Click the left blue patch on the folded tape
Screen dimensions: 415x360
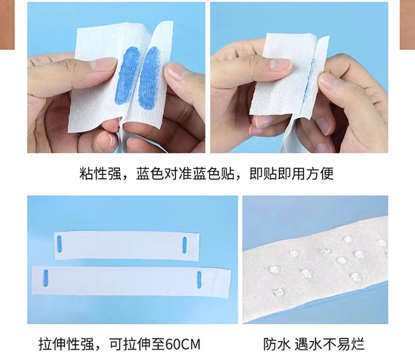(x=128, y=76)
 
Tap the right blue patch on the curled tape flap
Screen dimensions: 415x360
(x=148, y=78)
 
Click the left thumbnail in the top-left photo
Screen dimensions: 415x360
(x=105, y=65)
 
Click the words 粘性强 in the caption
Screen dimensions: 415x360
(x=100, y=174)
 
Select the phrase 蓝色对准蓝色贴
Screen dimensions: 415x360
(x=185, y=174)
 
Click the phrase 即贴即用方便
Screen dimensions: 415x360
(x=292, y=174)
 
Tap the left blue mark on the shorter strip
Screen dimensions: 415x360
(x=59, y=243)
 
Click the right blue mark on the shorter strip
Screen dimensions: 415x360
(x=185, y=245)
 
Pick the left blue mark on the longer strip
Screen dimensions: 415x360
(x=46, y=278)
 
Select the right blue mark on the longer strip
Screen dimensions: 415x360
(x=199, y=280)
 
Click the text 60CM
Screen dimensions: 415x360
(x=183, y=344)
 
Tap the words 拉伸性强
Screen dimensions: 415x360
(x=66, y=344)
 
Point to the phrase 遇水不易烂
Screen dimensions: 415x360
(x=329, y=344)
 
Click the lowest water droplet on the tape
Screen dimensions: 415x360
(x=279, y=293)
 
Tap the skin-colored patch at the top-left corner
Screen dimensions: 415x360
(x=7, y=24)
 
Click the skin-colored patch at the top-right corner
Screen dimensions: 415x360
(x=407, y=24)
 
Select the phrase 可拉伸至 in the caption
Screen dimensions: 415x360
(x=137, y=344)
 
